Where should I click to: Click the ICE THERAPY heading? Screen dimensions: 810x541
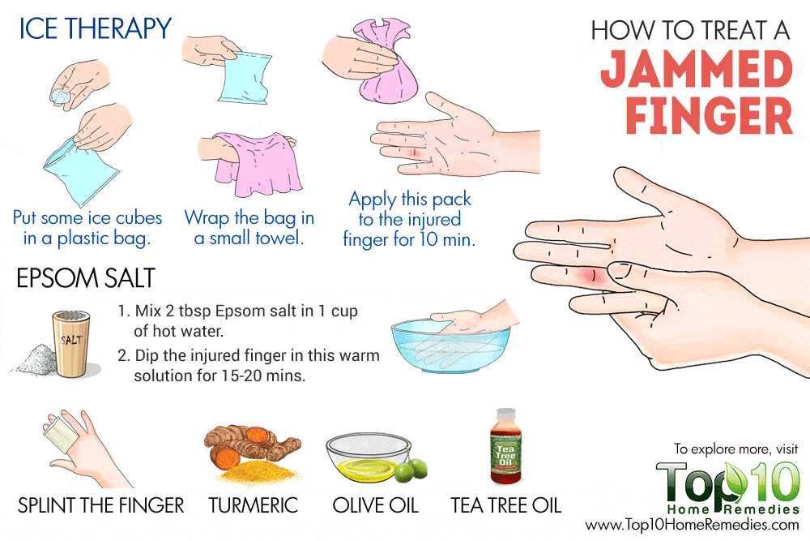(95, 28)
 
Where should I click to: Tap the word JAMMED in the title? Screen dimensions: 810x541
(697, 69)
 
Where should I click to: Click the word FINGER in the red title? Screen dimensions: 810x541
(710, 116)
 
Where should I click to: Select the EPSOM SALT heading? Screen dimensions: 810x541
(86, 278)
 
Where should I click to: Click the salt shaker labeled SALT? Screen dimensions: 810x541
(71, 343)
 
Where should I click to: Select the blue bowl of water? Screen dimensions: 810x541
(450, 346)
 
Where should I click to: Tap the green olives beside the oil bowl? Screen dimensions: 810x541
(412, 470)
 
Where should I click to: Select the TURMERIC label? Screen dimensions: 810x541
(253, 505)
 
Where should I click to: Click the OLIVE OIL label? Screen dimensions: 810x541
(376, 505)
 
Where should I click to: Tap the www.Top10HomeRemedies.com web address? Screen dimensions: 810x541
(693, 525)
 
